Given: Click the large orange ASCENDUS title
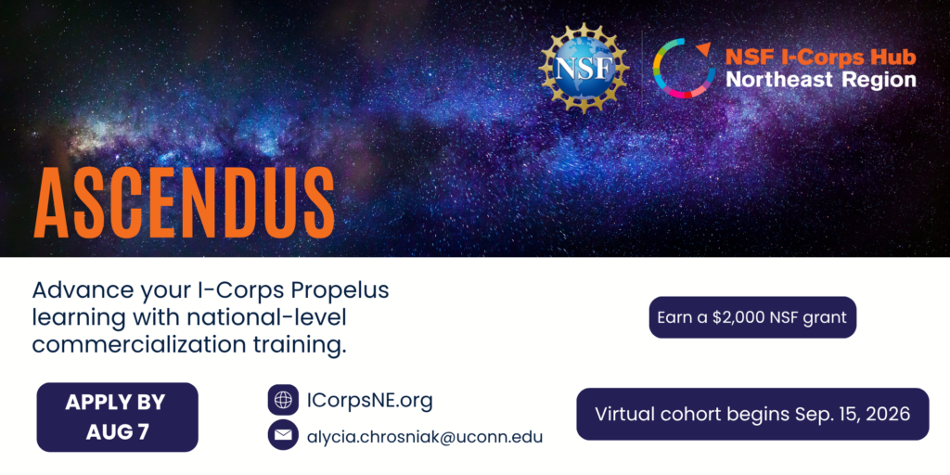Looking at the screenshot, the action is point(185,201).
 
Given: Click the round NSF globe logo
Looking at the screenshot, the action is point(584,67).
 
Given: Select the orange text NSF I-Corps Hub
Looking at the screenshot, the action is point(820,58).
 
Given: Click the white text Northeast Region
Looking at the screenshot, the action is point(821,80).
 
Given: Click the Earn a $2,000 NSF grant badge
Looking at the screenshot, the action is point(752,317).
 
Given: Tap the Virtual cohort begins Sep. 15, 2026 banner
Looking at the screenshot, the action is point(752,415).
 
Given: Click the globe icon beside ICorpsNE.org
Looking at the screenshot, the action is point(283,400).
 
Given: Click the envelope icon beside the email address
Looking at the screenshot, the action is point(283,435).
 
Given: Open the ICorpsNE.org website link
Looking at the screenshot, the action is point(369,401).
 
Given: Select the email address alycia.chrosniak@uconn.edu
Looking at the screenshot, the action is point(425,436).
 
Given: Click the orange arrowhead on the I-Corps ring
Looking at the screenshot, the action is point(703,48).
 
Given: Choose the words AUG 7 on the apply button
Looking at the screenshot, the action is point(118,431).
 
